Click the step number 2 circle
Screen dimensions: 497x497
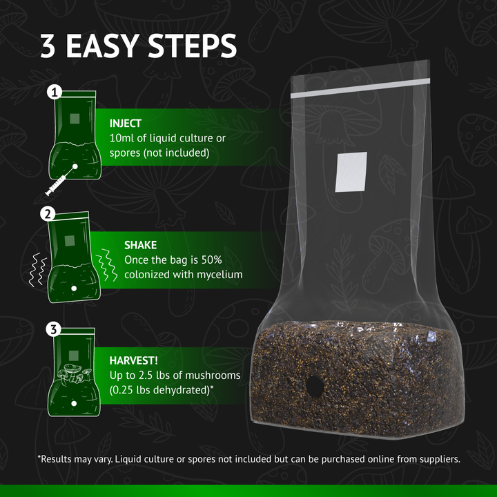click(49, 214)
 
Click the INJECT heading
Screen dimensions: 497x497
click(125, 124)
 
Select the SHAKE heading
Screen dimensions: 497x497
click(140, 245)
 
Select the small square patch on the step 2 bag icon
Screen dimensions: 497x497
click(69, 241)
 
